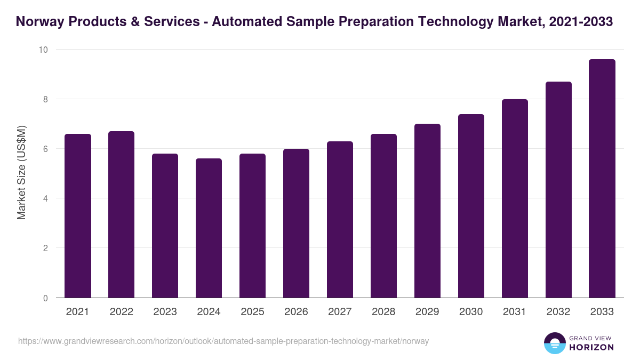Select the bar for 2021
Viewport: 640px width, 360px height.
[78, 216]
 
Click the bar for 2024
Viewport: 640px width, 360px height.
[209, 228]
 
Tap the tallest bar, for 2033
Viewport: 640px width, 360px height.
[602, 179]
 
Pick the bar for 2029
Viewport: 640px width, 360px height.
[427, 211]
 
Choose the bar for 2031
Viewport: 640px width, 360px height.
[515, 198]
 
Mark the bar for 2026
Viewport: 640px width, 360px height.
[296, 223]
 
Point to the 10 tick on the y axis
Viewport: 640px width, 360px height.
[43, 50]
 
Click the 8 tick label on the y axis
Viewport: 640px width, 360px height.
[45, 99]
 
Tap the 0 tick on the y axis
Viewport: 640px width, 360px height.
[45, 298]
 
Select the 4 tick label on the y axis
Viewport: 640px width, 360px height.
[45, 198]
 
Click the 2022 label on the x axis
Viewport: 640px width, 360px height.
[121, 312]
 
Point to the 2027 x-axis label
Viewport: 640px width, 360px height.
[340, 312]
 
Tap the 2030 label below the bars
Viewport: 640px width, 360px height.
[471, 312]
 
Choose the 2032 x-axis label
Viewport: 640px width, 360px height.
[558, 312]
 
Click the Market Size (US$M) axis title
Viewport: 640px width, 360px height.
[21, 173]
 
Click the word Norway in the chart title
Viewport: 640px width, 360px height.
[40, 22]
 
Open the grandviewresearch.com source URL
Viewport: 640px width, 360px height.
[223, 341]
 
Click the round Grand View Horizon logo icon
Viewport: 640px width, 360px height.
[554, 343]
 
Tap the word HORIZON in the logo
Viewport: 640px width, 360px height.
[591, 347]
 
